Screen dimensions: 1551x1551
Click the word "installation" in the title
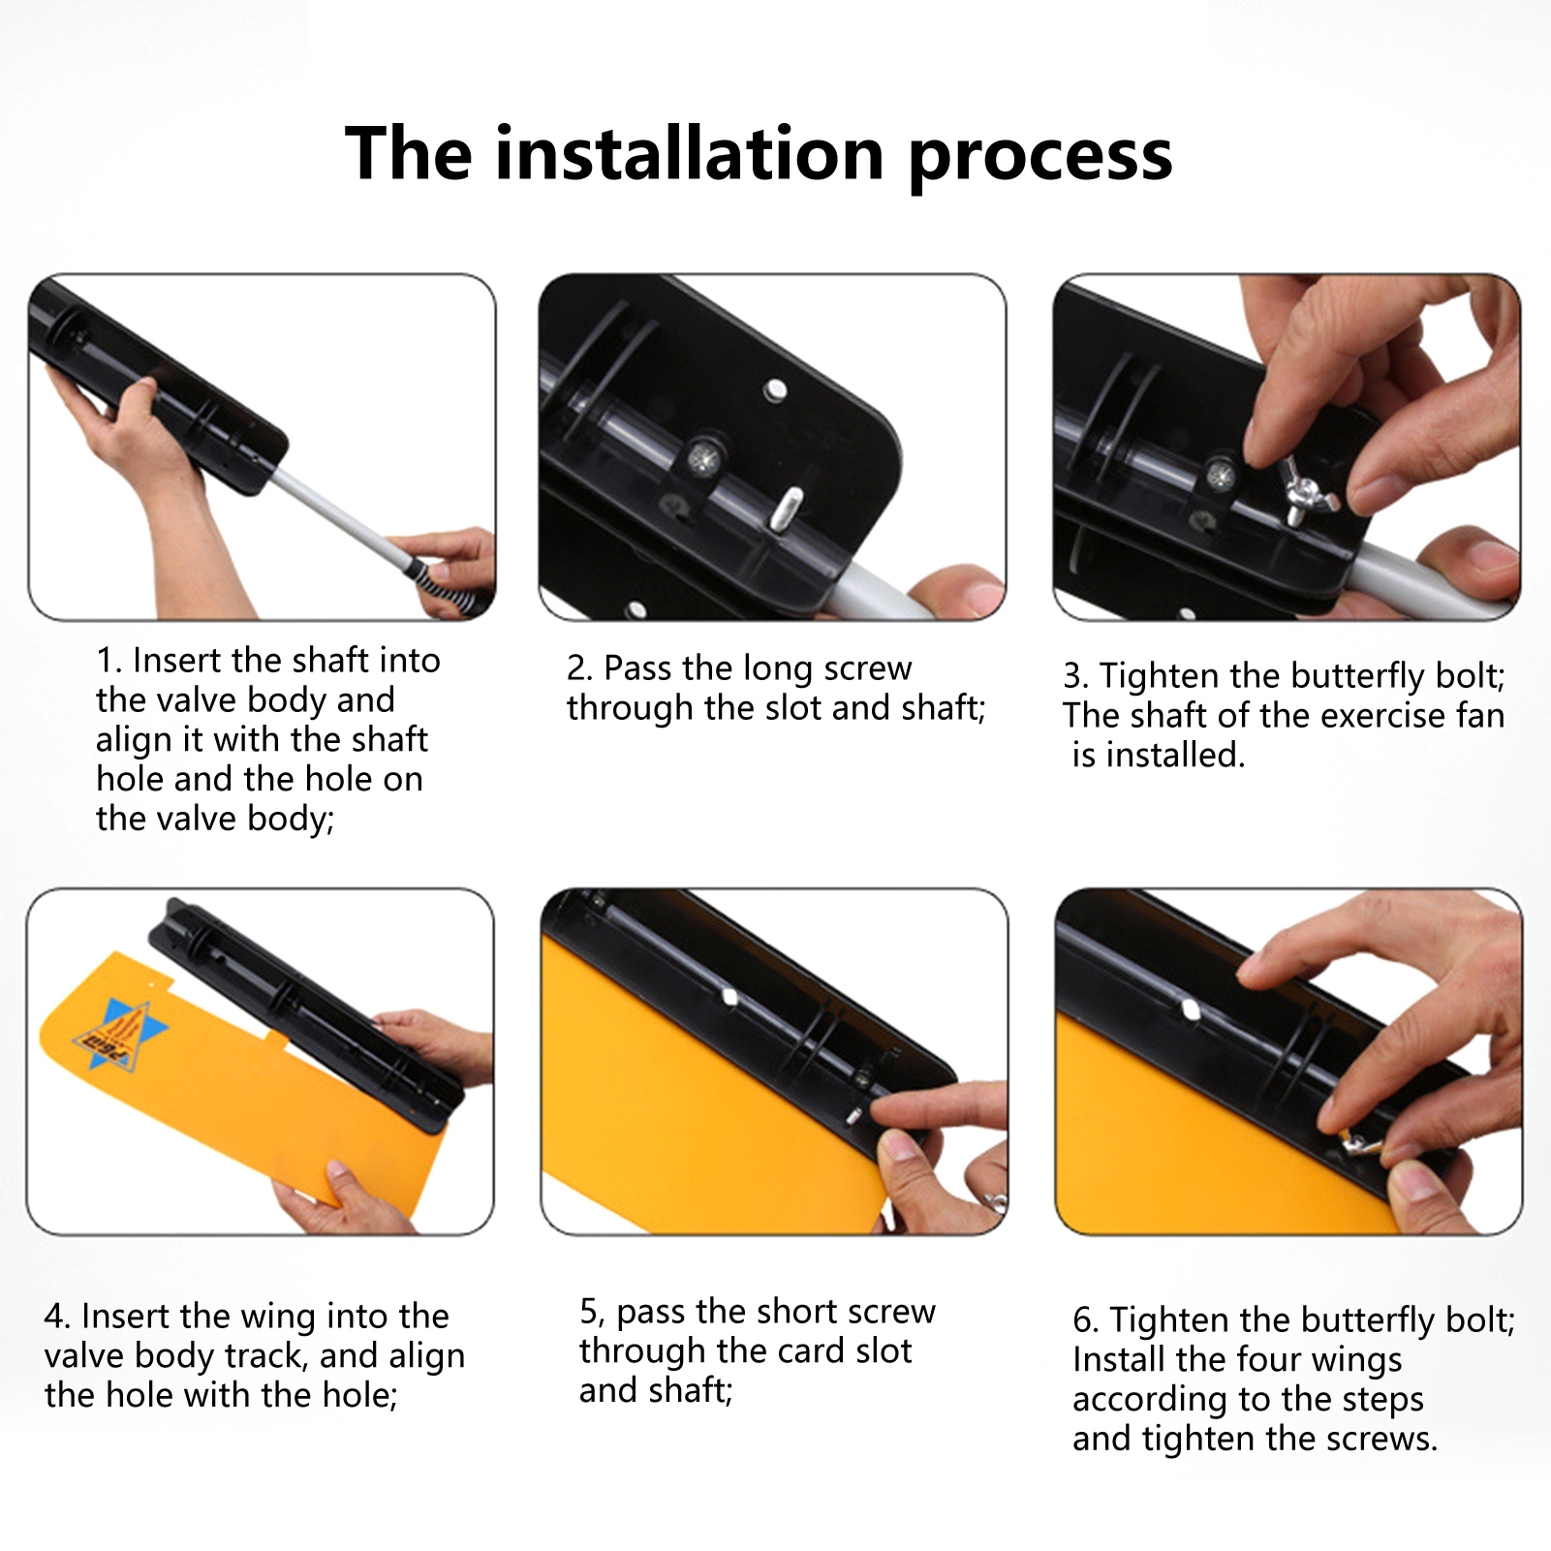691,153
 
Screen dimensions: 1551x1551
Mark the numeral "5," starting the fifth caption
592,1313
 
